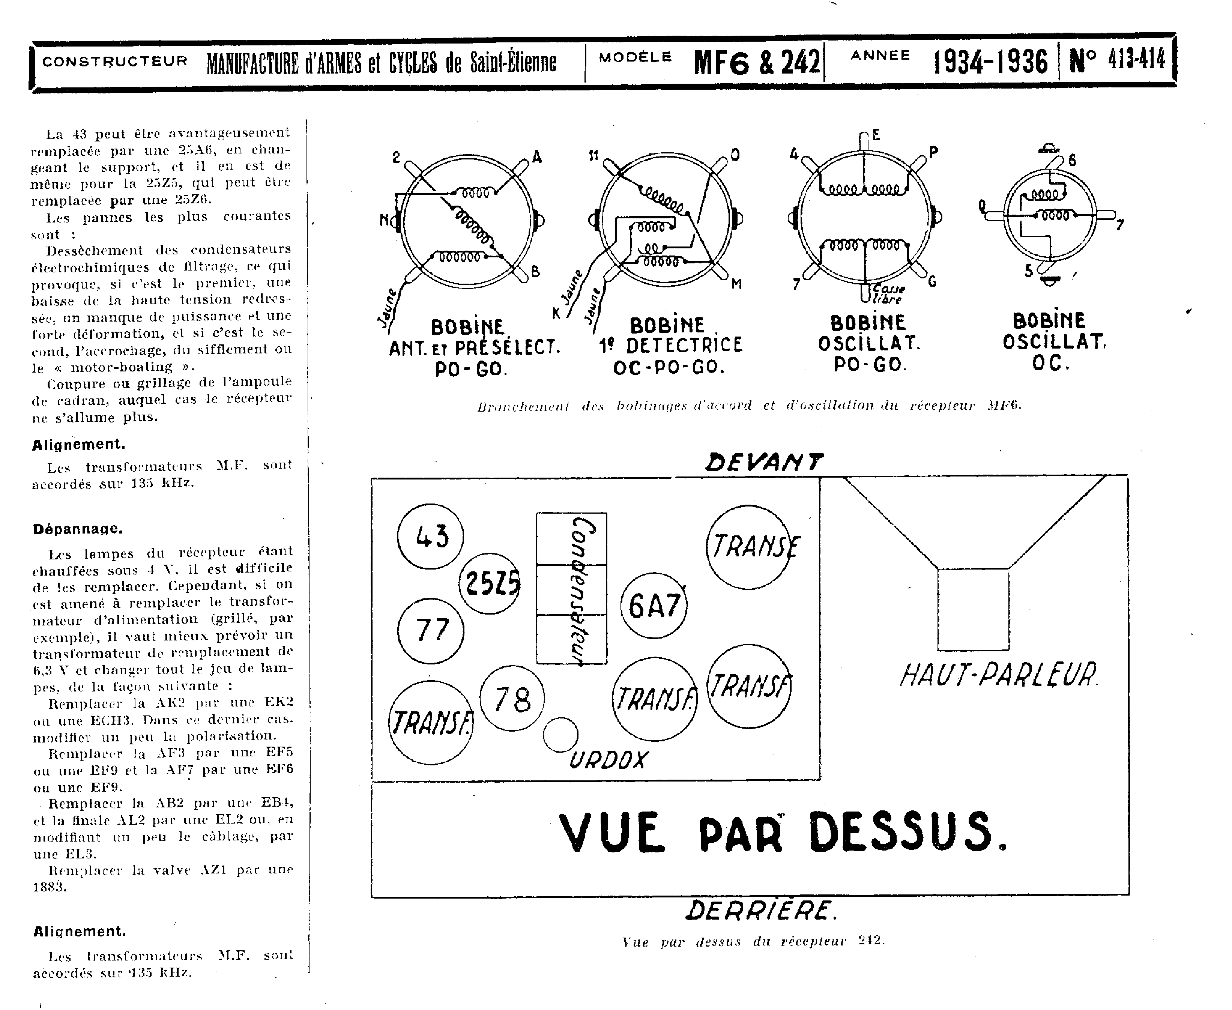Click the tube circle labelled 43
pyautogui.click(x=430, y=536)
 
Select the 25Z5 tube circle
pyautogui.click(x=490, y=583)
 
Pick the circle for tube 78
pyautogui.click(x=512, y=698)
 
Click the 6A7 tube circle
pyautogui.click(x=654, y=606)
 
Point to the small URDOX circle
pyautogui.click(x=560, y=735)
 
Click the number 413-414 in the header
pyautogui.click(x=1136, y=59)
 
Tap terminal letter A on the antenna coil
pyautogui.click(x=536, y=157)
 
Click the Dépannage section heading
pyautogui.click(x=77, y=529)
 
